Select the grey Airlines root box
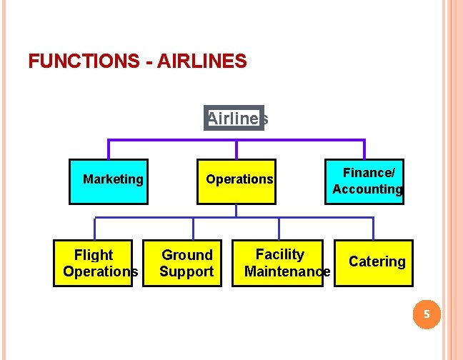click(x=234, y=118)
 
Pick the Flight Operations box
click(x=94, y=263)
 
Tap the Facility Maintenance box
click(x=282, y=263)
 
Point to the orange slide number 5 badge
click(x=427, y=314)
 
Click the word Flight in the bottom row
click(x=94, y=255)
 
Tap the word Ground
click(x=187, y=255)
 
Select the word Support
click(x=186, y=271)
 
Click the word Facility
click(x=280, y=254)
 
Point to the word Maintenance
click(x=287, y=271)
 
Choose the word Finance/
click(x=369, y=173)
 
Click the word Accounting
click(x=367, y=189)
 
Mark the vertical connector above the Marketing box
click(x=109, y=149)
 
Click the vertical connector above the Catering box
click(x=374, y=228)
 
